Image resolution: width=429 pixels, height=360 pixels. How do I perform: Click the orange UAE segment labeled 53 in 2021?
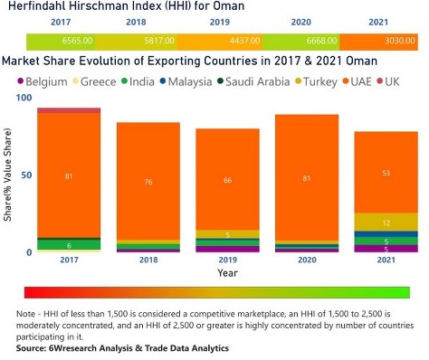(x=386, y=172)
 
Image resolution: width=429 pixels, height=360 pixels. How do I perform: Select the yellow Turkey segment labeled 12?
(x=386, y=223)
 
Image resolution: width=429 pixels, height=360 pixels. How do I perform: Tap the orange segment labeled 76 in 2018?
(x=148, y=180)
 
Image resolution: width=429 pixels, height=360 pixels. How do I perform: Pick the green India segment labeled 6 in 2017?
(x=69, y=244)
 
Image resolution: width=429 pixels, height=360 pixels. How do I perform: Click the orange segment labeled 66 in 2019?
(x=227, y=180)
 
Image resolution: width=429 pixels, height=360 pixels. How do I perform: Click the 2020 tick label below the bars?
(x=307, y=260)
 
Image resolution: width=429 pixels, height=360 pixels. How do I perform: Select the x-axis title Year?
(x=227, y=272)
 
